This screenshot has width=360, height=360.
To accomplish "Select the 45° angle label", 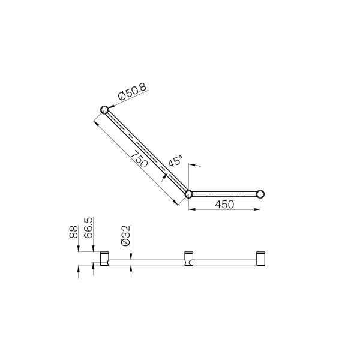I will (175, 162).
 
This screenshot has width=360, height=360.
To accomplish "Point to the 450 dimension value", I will (224, 205).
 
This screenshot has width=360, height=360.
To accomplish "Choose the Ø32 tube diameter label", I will (126, 236).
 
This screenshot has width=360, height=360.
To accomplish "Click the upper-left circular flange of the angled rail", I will (104, 110).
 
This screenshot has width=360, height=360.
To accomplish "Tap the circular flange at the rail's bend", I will (188, 194).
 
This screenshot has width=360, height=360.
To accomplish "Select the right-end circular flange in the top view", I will (260, 194).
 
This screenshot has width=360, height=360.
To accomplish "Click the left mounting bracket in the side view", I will (104, 259).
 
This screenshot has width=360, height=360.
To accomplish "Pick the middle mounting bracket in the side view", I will (188, 259).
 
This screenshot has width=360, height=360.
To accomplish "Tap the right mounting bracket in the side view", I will (260, 258).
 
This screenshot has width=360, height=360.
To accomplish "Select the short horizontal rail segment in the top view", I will (224, 194).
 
